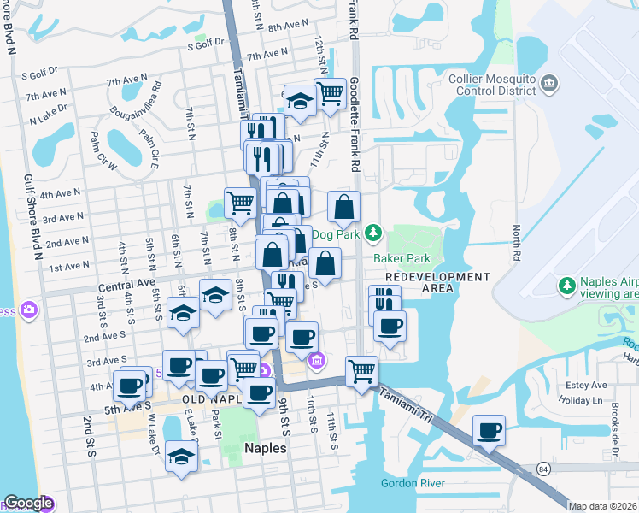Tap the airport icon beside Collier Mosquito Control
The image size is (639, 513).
(548, 83)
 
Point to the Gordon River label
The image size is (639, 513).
(413, 484)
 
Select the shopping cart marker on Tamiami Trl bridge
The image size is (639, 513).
(361, 371)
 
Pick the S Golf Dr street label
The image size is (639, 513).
(206, 40)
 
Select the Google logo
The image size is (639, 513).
(27, 504)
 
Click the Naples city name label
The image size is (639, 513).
(265, 447)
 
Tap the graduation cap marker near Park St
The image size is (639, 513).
(182, 456)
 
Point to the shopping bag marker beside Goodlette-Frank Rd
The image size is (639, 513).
(343, 207)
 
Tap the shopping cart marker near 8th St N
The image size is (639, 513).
(240, 203)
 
